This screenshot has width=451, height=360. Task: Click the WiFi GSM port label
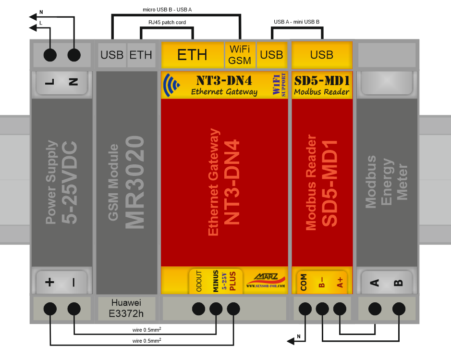click(x=240, y=55)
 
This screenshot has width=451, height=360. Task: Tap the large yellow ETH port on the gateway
click(x=192, y=55)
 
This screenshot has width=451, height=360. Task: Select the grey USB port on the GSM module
click(x=112, y=55)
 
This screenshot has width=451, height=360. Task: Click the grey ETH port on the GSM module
click(x=140, y=55)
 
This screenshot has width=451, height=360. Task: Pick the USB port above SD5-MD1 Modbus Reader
click(x=321, y=55)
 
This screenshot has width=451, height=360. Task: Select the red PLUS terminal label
click(x=233, y=280)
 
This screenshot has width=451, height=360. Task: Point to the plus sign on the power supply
click(x=49, y=282)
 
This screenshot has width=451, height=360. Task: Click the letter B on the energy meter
click(x=398, y=282)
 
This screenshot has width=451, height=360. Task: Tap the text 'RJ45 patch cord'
click(x=167, y=22)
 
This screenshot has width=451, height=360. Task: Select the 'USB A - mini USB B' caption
click(x=296, y=22)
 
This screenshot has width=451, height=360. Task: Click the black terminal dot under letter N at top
click(x=73, y=55)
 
